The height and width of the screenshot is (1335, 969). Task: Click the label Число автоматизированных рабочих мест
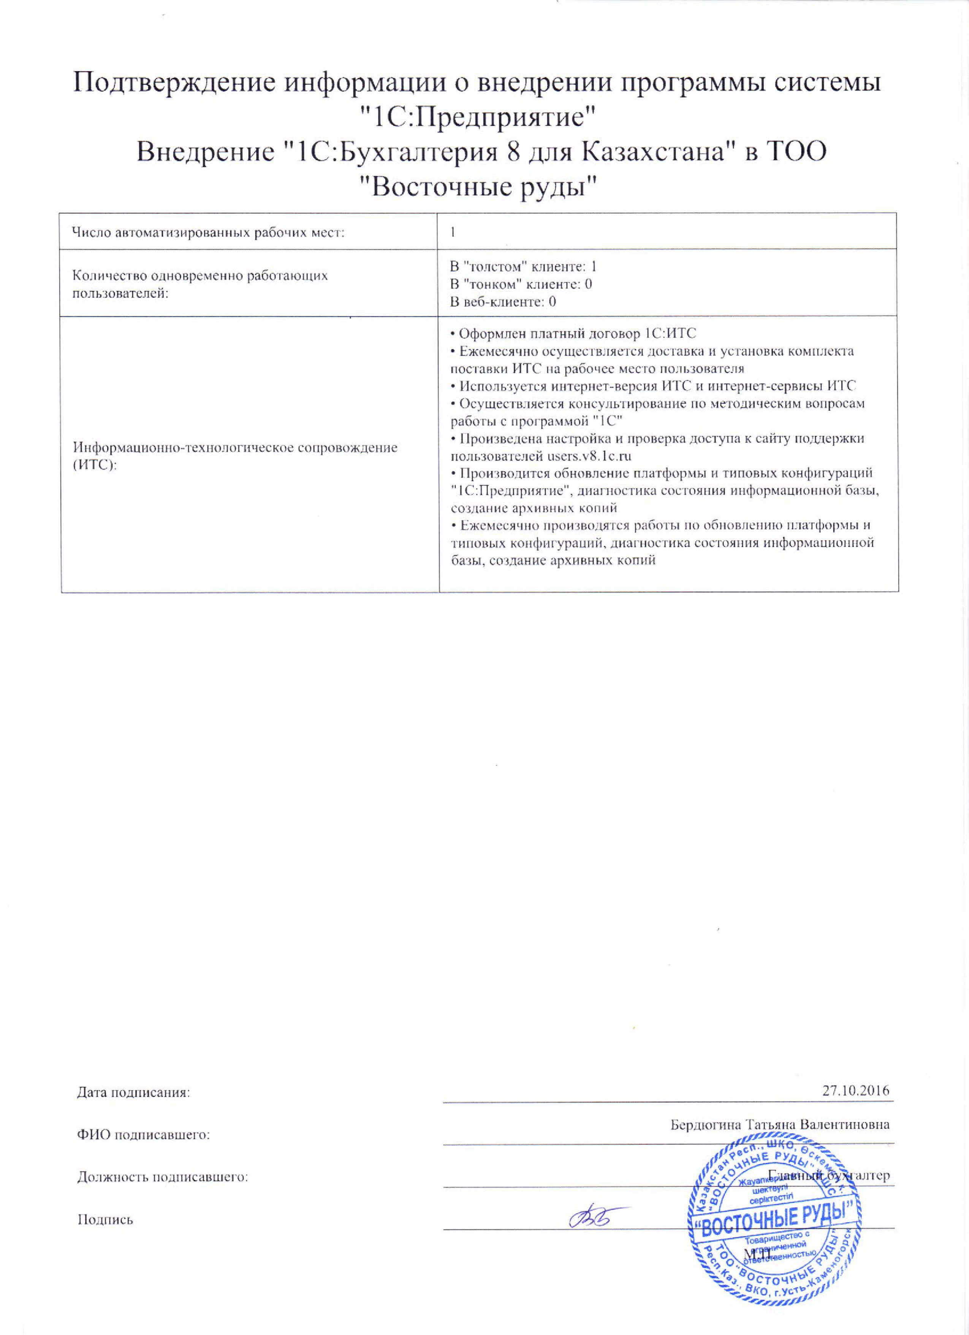click(208, 233)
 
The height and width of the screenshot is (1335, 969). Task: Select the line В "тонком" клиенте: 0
click(521, 284)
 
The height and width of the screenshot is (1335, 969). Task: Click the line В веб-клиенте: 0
click(503, 302)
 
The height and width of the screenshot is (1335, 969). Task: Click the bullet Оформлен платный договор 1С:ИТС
click(573, 334)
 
